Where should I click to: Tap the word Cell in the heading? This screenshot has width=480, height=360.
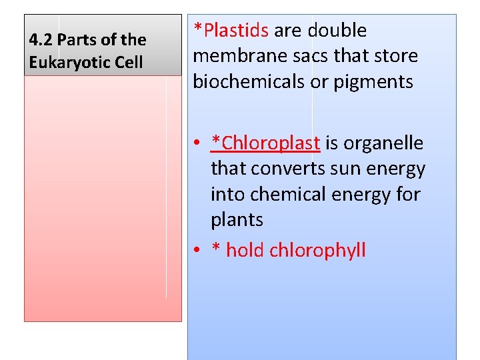coord(129,63)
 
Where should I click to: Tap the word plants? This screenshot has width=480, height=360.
coord(237,220)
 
